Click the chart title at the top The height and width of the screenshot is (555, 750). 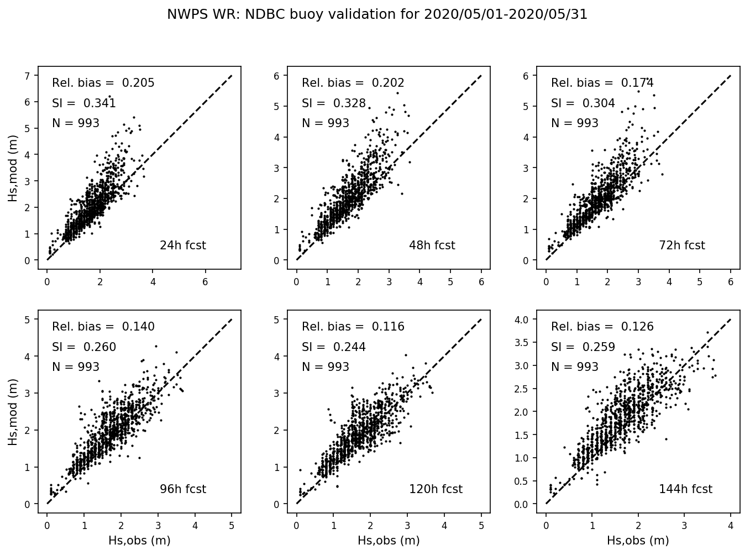tap(377, 15)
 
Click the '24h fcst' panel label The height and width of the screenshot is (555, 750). tap(182, 245)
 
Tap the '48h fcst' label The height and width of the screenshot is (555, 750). tap(432, 245)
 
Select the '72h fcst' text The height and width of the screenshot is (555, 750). tap(681, 245)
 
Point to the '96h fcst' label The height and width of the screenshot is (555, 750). tap(182, 489)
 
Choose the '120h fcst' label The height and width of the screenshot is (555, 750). tap(436, 489)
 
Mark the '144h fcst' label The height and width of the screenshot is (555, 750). tap(685, 489)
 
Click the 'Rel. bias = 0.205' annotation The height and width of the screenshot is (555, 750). tap(103, 83)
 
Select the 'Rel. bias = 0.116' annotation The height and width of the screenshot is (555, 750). tap(353, 327)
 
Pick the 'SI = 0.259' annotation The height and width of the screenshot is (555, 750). tap(583, 347)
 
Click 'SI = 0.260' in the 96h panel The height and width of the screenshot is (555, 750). tap(84, 347)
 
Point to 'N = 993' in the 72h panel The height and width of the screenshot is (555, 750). tap(575, 123)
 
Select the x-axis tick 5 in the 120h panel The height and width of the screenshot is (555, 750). tap(481, 524)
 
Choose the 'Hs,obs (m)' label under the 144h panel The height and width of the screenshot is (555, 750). tap(638, 541)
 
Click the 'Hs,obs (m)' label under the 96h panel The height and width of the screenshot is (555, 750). tap(139, 541)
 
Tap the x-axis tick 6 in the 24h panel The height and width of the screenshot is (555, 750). tap(206, 281)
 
